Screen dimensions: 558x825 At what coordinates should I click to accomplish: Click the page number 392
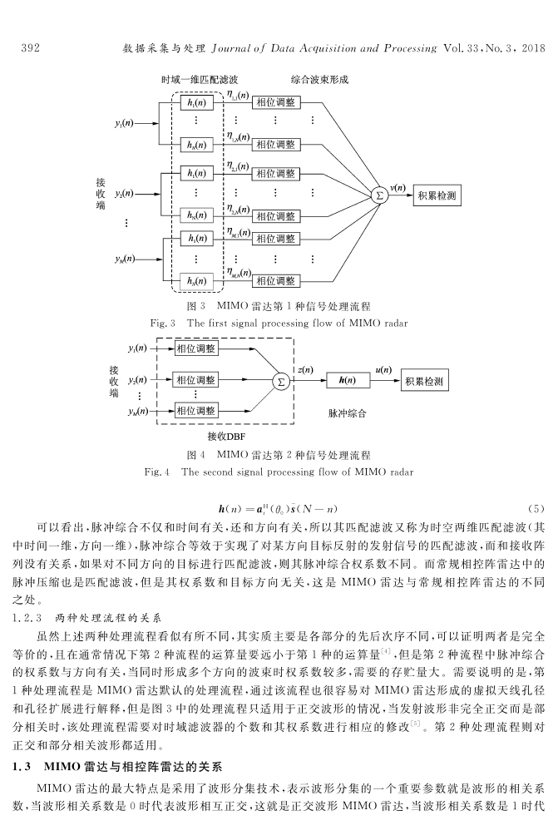tap(30, 48)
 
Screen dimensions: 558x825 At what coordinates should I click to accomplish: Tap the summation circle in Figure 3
tap(378, 195)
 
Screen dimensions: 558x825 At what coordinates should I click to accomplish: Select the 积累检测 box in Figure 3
tap(437, 195)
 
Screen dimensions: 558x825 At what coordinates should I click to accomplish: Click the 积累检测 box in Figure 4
tap(424, 381)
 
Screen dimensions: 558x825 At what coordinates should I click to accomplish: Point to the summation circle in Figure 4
tap(281, 382)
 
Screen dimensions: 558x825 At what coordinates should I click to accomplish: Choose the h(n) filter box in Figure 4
tap(347, 380)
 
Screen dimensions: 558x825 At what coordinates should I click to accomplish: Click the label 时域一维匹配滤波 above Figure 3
tap(200, 80)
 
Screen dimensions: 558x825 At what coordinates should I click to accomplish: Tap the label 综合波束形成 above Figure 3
tap(319, 80)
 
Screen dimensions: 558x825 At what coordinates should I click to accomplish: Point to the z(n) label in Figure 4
tap(305, 370)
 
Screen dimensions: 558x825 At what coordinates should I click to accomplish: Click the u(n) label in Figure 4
tap(383, 370)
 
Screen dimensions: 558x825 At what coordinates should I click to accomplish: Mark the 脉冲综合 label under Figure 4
tap(347, 413)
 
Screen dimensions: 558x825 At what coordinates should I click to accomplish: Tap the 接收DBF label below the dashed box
tap(226, 436)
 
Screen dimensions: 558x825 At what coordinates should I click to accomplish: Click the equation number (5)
tap(536, 509)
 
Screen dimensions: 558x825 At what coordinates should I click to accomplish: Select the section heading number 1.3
tap(22, 767)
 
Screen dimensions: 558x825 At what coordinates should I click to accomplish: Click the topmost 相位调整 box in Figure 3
tap(276, 102)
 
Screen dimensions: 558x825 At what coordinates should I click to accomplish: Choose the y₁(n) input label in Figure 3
tap(124, 124)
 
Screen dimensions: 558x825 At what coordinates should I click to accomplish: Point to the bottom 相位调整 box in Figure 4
tap(195, 410)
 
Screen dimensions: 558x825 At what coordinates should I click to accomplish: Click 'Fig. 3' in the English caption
tap(162, 323)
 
